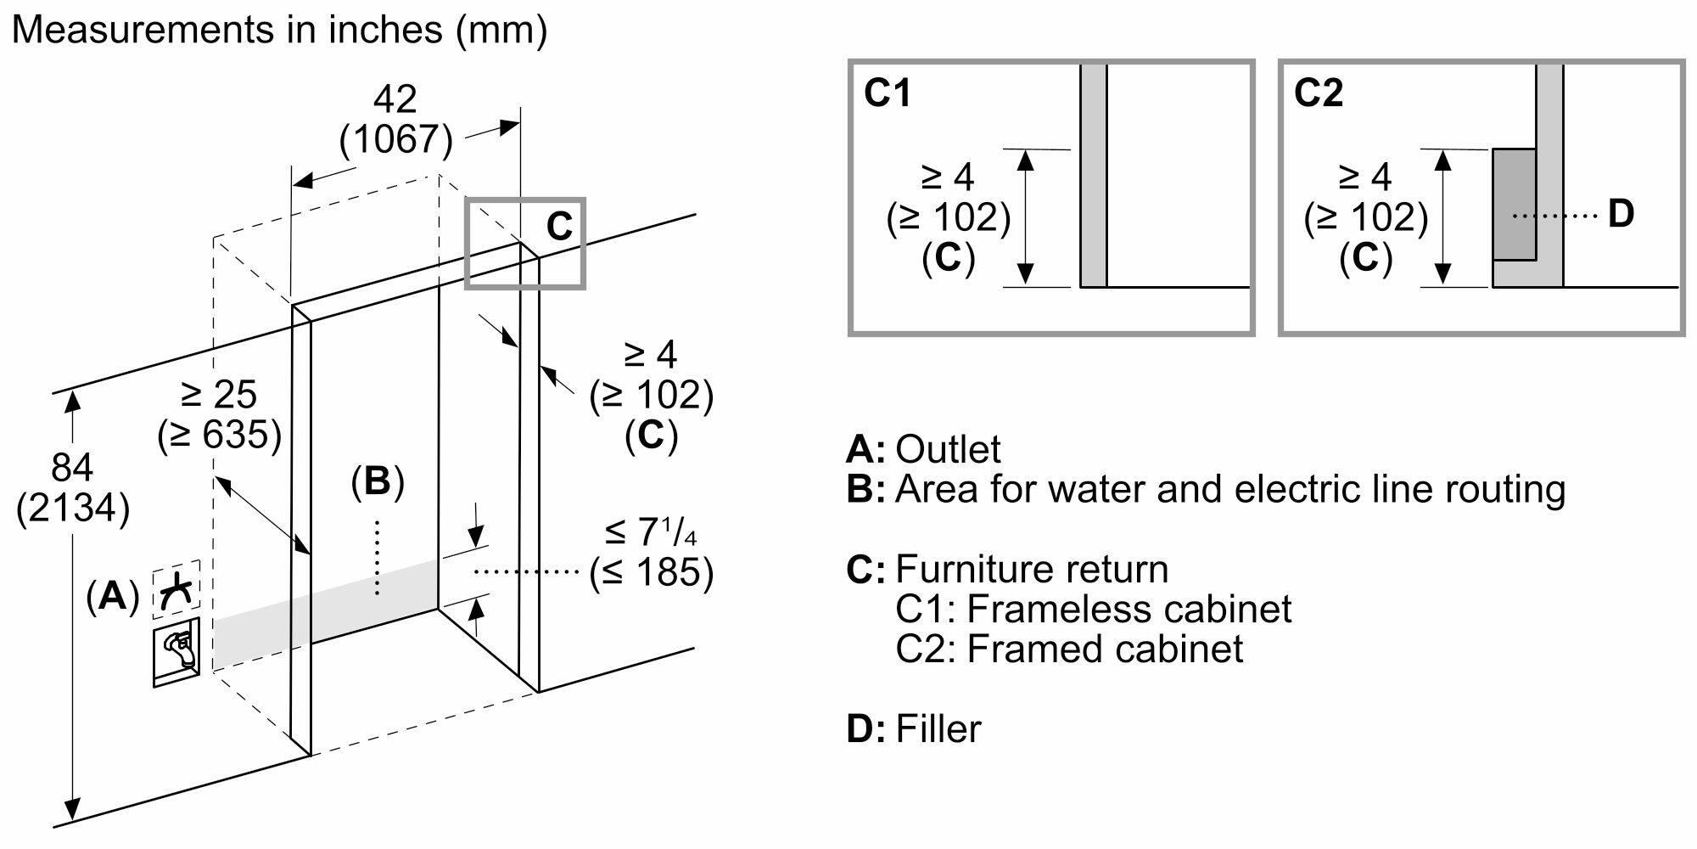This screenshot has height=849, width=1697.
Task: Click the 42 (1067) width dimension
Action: [395, 120]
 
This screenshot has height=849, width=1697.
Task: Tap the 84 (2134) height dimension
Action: [73, 488]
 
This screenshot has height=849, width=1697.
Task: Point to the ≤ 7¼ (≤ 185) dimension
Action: [651, 552]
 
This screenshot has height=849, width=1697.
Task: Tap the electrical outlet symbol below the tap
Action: [176, 652]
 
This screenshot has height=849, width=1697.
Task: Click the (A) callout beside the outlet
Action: [112, 597]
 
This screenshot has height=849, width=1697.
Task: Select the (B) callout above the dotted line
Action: [377, 482]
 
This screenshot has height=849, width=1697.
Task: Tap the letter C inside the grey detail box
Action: [559, 227]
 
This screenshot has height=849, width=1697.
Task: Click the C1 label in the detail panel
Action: [888, 93]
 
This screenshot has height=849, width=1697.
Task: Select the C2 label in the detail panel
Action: [1319, 93]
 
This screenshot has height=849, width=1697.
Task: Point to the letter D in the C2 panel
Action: [1621, 214]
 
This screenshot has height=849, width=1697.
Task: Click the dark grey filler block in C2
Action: [1514, 204]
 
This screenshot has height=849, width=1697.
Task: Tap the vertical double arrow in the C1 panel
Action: [1026, 216]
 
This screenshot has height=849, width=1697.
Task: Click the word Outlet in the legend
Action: [948, 449]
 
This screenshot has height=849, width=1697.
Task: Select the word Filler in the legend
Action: [938, 729]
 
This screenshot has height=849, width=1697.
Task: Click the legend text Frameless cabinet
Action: [1129, 609]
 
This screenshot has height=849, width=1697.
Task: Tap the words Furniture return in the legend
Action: [1032, 569]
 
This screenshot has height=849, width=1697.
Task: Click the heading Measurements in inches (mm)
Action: [279, 30]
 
